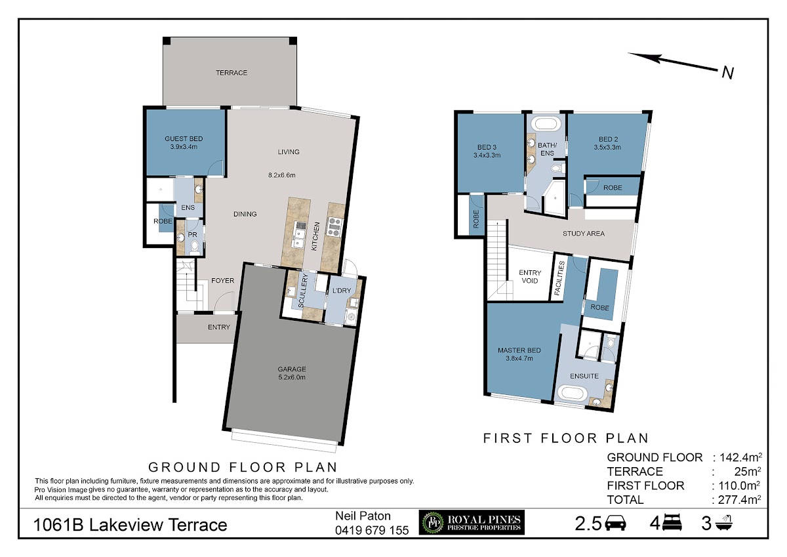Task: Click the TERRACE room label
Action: pos(231,73)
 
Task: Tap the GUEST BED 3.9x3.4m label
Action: pos(184,142)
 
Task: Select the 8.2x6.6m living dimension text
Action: pos(282,175)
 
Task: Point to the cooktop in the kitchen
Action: pos(334,226)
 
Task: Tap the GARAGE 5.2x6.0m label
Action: pos(292,373)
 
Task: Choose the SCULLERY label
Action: pos(302,291)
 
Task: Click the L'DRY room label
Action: pos(342,291)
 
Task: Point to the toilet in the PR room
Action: pos(194,247)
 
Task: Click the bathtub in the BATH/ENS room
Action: pos(546,125)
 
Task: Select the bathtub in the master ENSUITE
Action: pos(572,393)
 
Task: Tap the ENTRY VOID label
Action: pos(530,277)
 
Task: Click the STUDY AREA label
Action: pos(584,234)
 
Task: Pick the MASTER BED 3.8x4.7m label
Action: pos(519,354)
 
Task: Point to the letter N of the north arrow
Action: pos(728,73)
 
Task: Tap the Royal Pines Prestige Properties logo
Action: pos(472,523)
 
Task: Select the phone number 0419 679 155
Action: pos(372,530)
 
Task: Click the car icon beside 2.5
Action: pos(616,523)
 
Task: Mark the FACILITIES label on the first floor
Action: pos(559,278)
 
